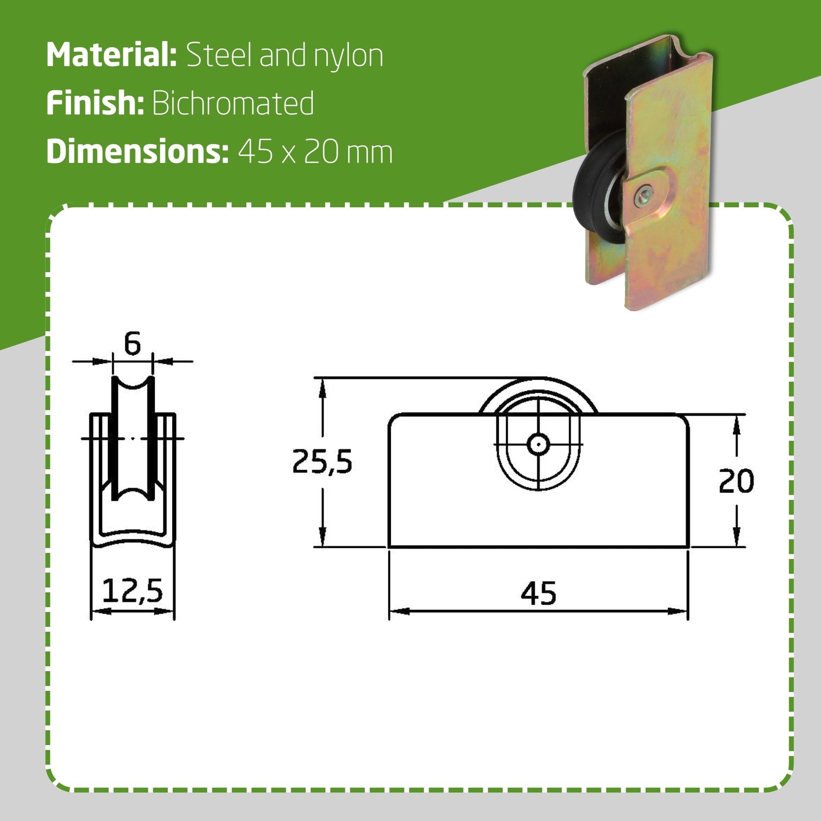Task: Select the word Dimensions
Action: pos(137,152)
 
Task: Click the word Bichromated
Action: pos(233,103)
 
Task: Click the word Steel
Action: pos(220,55)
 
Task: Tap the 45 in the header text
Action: pos(255,152)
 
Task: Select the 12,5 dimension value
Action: pos(132,591)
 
